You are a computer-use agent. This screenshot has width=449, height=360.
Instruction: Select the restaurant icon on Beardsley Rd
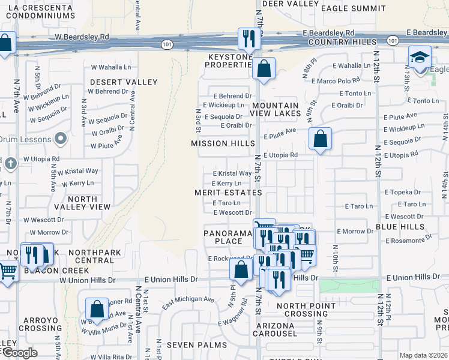247,39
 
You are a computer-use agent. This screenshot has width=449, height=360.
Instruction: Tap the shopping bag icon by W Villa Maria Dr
97,310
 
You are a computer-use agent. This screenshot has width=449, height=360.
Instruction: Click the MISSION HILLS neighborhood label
218,143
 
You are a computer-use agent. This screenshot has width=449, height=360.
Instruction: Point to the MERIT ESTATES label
228,193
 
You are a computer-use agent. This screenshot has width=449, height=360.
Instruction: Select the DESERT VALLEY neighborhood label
124,82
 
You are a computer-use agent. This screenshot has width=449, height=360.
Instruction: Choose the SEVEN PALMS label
196,345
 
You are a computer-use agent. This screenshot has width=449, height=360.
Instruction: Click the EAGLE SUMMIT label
353,8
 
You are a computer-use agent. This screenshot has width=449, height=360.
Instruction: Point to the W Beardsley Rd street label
83,37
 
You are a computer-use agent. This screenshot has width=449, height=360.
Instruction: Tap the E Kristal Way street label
232,173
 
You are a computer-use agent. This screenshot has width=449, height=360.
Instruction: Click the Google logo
19,353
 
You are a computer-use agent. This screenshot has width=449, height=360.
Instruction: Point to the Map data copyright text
423,355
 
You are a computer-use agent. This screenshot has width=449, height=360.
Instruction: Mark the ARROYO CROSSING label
41,324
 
